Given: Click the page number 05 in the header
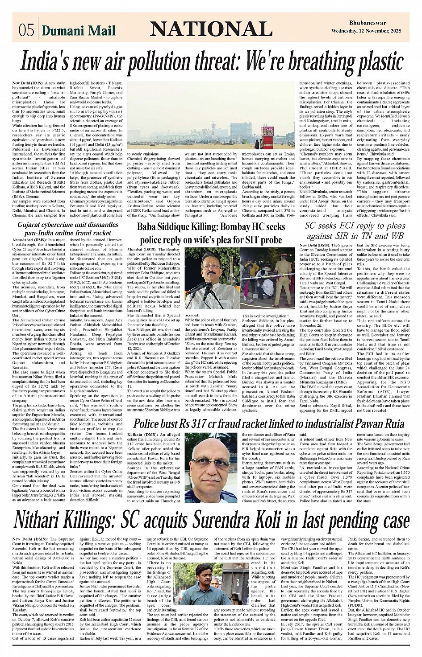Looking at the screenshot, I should (x=26, y=30).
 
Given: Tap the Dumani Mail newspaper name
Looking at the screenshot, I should (x=79, y=30).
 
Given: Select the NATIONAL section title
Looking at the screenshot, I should (x=211, y=29).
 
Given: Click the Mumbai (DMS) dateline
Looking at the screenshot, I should (x=142, y=249).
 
